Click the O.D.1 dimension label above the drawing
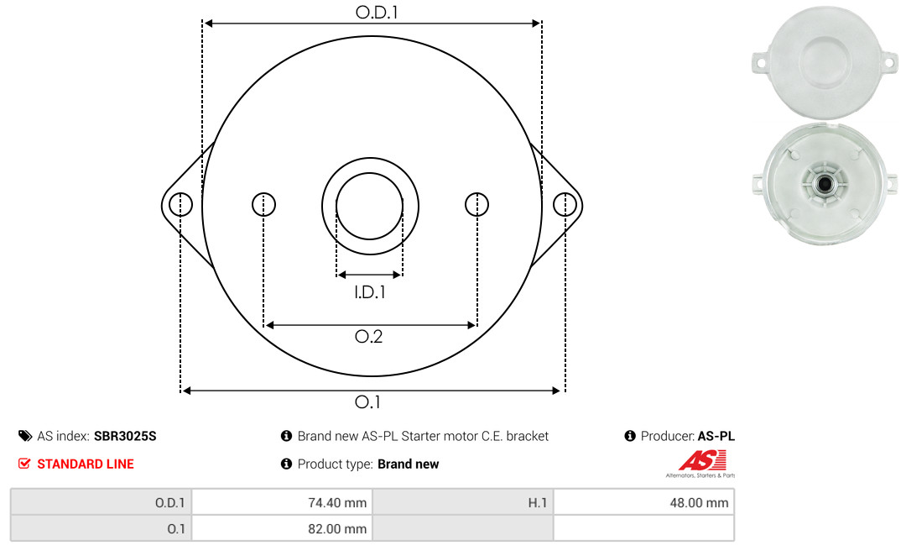tap(377, 12)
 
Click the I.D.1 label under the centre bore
tap(370, 292)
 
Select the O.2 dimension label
tap(368, 336)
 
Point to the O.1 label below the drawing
tap(367, 401)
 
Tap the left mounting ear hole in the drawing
tap(181, 204)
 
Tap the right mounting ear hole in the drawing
tap(565, 205)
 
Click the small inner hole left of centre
tap(264, 204)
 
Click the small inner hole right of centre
tap(476, 204)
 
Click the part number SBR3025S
tap(125, 437)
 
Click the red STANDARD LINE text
tap(86, 464)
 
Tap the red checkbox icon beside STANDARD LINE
tap(24, 464)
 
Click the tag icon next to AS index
tap(25, 436)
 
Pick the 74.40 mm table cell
tap(283, 502)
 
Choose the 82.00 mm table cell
tap(283, 528)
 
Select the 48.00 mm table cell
tap(643, 502)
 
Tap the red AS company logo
tap(702, 461)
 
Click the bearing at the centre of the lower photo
tap(825, 184)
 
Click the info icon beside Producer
tap(630, 436)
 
